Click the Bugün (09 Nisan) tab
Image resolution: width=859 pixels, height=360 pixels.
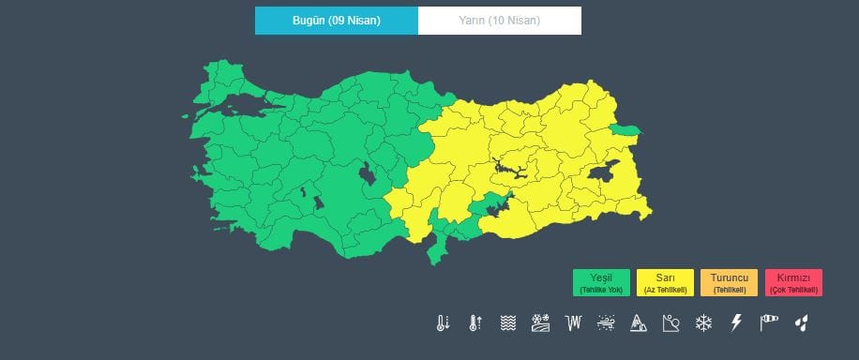336,20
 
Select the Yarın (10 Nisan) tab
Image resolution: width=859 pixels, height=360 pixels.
499,20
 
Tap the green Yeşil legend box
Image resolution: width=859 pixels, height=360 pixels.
601,283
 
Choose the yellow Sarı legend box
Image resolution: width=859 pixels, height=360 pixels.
665,283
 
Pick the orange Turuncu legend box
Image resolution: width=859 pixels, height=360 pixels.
729,283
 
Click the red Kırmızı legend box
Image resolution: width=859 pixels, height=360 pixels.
793,283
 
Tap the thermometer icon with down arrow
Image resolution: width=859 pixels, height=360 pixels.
443,323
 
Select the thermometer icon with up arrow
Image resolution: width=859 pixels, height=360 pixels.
475,323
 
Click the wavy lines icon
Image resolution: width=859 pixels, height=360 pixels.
507,323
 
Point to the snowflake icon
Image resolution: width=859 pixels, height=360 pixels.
702,323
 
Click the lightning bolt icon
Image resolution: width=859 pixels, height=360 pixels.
736,323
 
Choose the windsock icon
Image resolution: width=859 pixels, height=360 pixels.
769,323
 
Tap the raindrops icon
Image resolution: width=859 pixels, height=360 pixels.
801,323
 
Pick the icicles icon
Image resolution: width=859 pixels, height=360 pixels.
573,323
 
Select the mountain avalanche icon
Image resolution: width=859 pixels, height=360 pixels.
638,323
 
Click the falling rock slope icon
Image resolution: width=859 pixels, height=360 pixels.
670,323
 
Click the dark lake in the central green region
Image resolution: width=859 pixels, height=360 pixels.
366,172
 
